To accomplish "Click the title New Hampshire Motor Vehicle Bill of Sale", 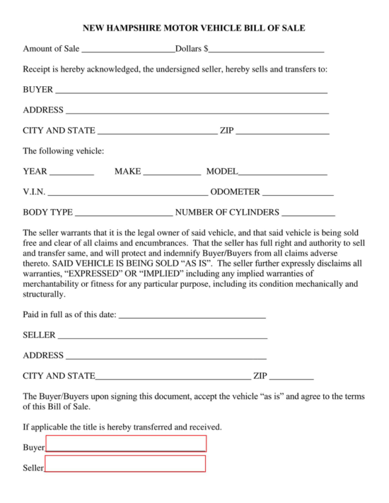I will point(194,29).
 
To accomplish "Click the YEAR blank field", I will point(71,172).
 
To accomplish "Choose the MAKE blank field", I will point(172,172).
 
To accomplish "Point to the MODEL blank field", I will point(282,172).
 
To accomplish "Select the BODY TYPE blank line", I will point(124,212).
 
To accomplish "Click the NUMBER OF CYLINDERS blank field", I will point(308,212).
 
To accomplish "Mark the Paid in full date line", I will point(192,315).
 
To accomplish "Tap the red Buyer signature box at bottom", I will point(126,444).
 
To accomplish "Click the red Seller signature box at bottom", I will point(125,464).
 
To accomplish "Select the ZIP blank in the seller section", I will point(291,377).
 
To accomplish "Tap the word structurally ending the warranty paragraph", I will point(44,293).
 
